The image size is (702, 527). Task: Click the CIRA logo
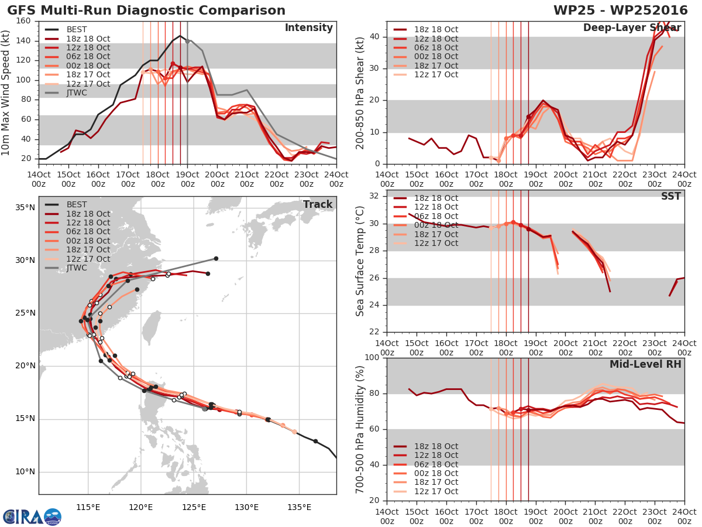pyautogui.click(x=32, y=517)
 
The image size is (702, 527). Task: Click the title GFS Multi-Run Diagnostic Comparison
pyautogui.click(x=146, y=10)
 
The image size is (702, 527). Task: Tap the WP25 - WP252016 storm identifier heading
pyautogui.click(x=621, y=10)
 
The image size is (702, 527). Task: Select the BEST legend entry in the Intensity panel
pyautogui.click(x=66, y=29)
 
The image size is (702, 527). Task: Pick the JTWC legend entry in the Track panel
pyautogui.click(x=66, y=268)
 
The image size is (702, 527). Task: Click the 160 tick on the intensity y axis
pyautogui.click(x=23, y=21)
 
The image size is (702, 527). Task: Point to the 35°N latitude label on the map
pyautogui.click(x=25, y=208)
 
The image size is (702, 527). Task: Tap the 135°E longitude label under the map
pyautogui.click(x=299, y=507)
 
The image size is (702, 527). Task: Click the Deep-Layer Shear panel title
pyautogui.click(x=632, y=28)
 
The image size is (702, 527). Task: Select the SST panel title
pyautogui.click(x=670, y=196)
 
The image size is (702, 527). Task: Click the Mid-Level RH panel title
pyautogui.click(x=645, y=364)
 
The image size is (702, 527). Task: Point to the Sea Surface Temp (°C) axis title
pyautogui.click(x=360, y=261)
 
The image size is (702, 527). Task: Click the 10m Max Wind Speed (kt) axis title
pyautogui.click(x=5, y=93)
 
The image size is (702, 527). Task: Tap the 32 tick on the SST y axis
pyautogui.click(x=374, y=196)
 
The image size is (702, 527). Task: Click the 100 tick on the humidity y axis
pyautogui.click(x=372, y=357)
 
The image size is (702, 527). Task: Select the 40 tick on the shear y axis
pyautogui.click(x=374, y=36)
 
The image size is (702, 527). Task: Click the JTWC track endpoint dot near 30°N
pyautogui.click(x=216, y=259)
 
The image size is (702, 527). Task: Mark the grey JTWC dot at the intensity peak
pyautogui.click(x=187, y=41)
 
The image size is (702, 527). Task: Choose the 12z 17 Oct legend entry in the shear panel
pyautogui.click(x=426, y=74)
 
